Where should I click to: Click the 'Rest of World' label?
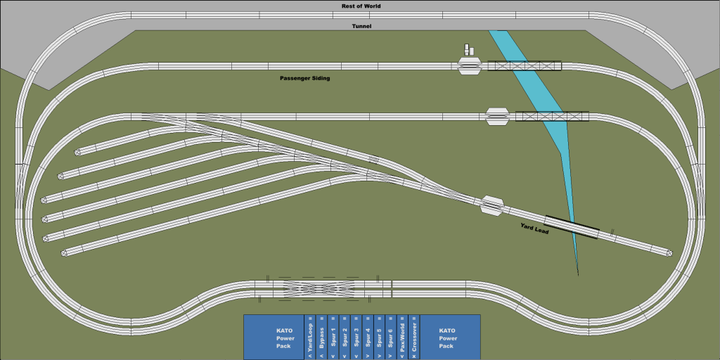click(x=361, y=6)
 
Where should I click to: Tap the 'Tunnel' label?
click(x=361, y=26)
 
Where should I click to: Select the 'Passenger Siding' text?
click(x=304, y=78)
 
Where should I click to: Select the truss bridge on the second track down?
click(x=552, y=116)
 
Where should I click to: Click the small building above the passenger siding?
click(x=468, y=51)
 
